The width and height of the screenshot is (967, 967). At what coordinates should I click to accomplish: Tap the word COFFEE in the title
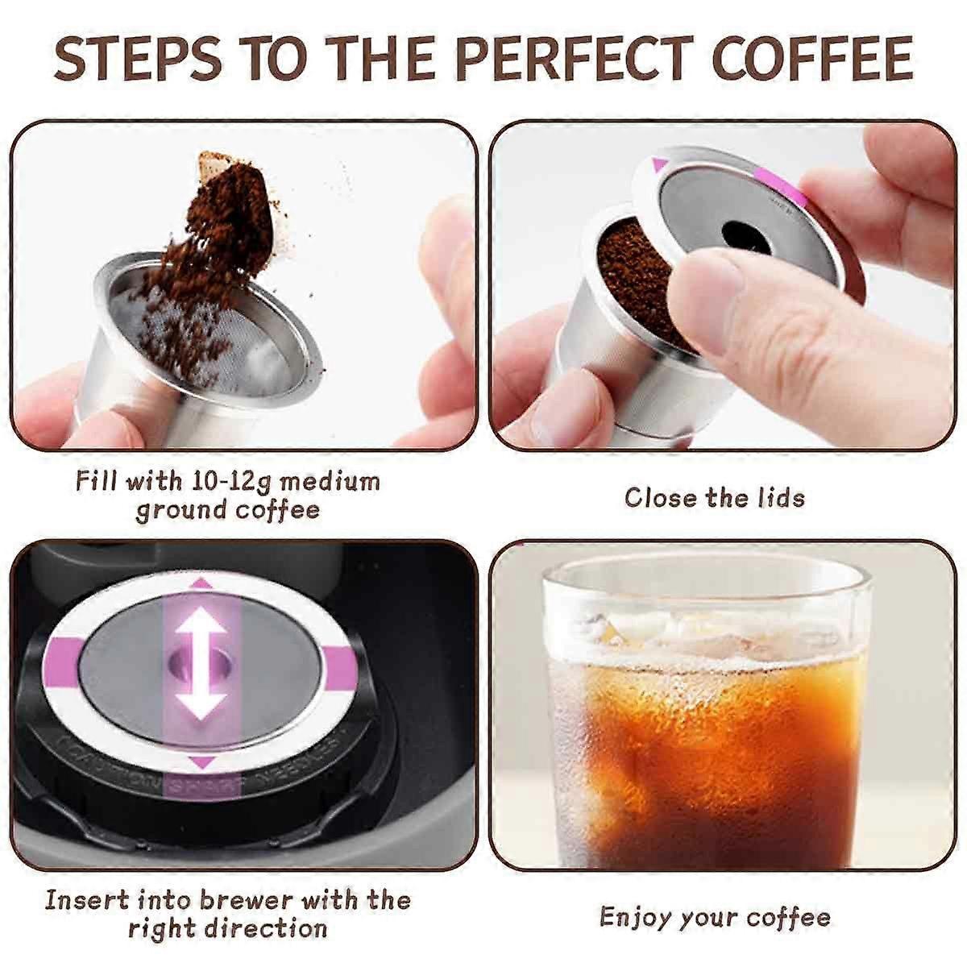pos(812,58)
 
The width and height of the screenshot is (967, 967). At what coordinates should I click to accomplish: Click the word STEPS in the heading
pos(138,58)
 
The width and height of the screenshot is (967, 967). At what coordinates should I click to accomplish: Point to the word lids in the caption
pos(780,497)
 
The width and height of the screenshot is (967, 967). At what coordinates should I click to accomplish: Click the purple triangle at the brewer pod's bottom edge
pos(202,762)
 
